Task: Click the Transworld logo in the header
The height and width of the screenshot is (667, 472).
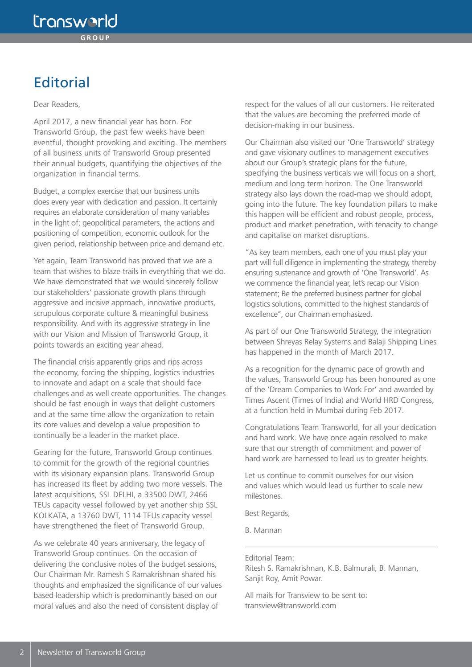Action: click(x=75, y=21)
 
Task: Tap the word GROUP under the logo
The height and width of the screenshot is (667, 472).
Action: click(x=95, y=38)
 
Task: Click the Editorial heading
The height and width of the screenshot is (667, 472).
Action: click(x=62, y=82)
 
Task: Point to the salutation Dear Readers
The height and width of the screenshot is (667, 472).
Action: click(x=57, y=105)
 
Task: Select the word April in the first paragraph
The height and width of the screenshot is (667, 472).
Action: click(x=42, y=122)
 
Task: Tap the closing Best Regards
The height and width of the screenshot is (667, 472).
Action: click(x=267, y=513)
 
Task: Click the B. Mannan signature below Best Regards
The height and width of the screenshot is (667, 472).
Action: click(x=263, y=530)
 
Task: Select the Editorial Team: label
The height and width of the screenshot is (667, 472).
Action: click(x=269, y=558)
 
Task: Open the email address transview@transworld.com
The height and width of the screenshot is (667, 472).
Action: click(x=290, y=606)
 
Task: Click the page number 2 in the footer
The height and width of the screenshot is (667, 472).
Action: click(x=21, y=652)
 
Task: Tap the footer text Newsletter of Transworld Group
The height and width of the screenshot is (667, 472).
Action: click(x=91, y=652)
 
